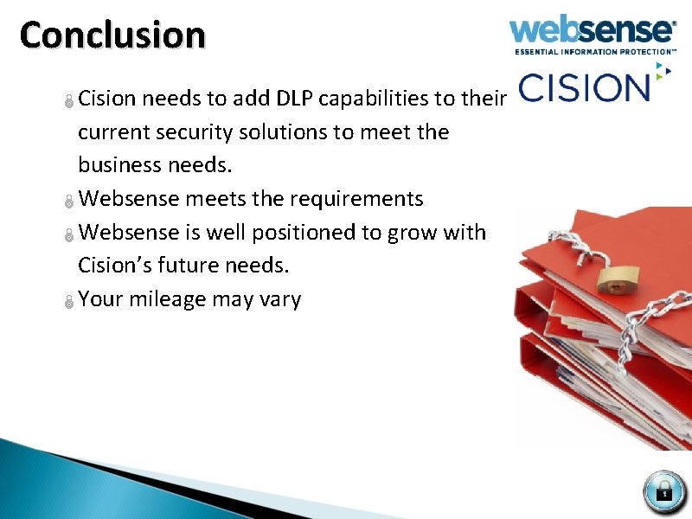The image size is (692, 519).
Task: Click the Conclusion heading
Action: point(112,35)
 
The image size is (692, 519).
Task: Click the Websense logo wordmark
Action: point(592,30)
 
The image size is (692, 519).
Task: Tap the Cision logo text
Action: point(584,87)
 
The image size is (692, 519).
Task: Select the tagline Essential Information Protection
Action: point(595,52)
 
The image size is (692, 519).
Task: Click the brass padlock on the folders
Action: point(615,279)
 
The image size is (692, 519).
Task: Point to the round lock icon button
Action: point(663,491)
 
